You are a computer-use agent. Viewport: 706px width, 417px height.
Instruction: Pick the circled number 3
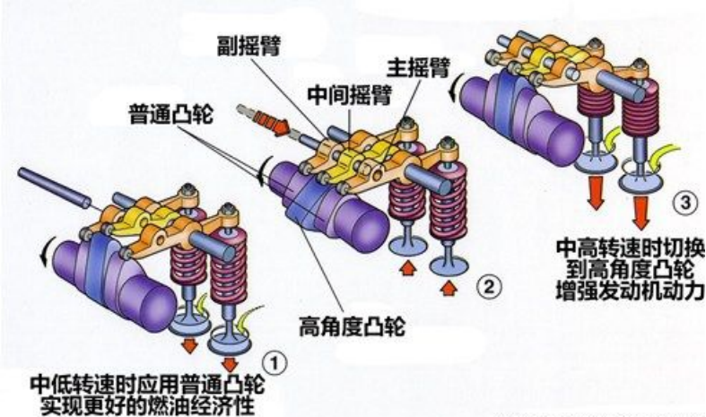[x=684, y=204]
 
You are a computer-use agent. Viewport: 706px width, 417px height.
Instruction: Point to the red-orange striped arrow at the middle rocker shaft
[x=262, y=120]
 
